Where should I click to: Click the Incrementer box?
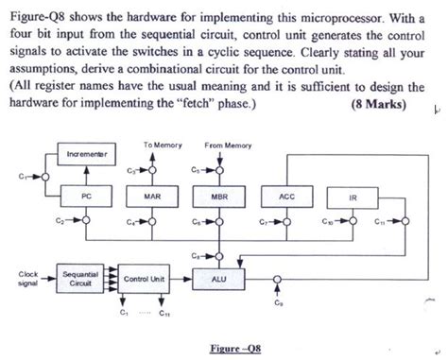(x=87, y=152)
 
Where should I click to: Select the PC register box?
(x=87, y=196)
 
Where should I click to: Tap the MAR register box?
(x=150, y=196)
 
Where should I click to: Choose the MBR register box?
(x=219, y=196)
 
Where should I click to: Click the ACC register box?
(x=286, y=196)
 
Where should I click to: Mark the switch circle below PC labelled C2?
(x=87, y=223)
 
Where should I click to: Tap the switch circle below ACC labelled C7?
(x=286, y=223)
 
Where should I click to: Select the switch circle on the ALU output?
(x=277, y=280)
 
